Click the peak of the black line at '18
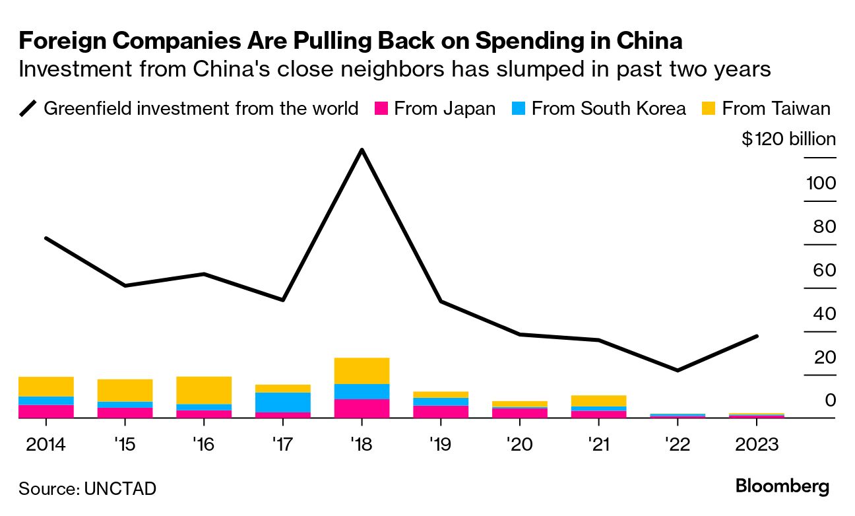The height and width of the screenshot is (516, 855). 362,150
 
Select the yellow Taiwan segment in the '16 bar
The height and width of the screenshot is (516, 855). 204,390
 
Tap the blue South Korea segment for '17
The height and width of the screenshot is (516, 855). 283,402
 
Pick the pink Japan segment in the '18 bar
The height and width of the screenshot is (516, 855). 362,408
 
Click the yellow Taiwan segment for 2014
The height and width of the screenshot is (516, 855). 46,386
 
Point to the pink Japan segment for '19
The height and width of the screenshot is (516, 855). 441,411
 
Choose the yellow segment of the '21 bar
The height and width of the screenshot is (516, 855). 598,401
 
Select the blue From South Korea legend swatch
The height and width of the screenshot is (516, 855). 519,108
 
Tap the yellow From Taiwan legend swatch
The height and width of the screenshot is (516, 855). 709,108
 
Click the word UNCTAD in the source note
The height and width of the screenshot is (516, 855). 120,489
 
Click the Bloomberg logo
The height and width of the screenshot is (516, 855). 782,487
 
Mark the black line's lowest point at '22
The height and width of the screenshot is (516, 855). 678,370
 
